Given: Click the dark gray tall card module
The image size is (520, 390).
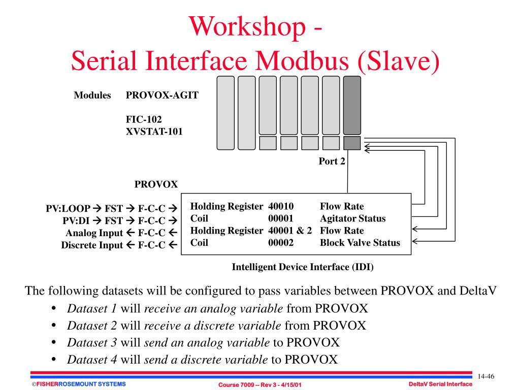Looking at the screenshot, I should pos(352,105).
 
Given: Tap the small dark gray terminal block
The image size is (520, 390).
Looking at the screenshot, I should pos(352,143).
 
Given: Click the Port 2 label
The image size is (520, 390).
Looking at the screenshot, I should pos(332,162).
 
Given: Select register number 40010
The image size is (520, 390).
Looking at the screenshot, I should pos(281,207).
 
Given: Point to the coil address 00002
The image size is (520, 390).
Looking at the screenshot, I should pos(281,243).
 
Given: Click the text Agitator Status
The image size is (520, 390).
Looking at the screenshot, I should pos(352,219).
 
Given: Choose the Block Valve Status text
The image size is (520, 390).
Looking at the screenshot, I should pos(360,243).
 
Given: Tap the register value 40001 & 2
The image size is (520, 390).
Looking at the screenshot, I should pos(290,231).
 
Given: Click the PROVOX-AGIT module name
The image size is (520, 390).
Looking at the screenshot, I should pos(162,95).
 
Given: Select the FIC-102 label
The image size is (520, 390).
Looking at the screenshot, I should pos(144,120).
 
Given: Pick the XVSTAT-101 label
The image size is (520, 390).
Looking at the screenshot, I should pos(154,132).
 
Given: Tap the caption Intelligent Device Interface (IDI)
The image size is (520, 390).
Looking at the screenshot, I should pos(303,267).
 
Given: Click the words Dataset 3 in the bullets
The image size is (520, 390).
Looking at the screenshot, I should pos(92,342).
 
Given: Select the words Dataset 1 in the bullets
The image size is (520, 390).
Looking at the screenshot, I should pos(92,308).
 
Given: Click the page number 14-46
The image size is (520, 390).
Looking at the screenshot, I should pos(486,376).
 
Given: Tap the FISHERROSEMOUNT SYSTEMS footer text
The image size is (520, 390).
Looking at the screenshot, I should pos(78,384).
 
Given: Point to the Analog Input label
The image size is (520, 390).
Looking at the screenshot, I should pos(94,233).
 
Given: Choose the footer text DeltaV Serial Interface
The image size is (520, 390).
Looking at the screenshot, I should pos(440,384).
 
